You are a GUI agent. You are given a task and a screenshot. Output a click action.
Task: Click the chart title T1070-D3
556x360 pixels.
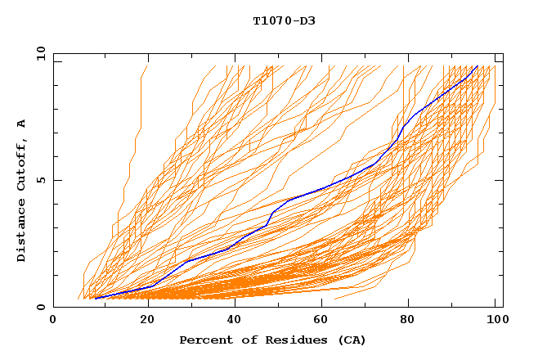click(x=284, y=21)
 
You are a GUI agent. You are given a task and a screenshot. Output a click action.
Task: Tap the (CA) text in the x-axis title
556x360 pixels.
click(x=351, y=340)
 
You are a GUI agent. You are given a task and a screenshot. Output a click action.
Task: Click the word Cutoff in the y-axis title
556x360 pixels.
click(x=21, y=164)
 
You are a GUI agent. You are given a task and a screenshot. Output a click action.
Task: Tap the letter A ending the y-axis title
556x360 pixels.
click(x=21, y=124)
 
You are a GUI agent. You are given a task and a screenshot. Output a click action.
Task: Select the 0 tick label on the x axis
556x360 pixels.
click(x=54, y=321)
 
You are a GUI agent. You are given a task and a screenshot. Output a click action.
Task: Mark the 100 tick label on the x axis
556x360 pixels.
click(x=495, y=321)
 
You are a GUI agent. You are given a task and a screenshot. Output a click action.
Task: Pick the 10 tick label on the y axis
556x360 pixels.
click(x=39, y=53)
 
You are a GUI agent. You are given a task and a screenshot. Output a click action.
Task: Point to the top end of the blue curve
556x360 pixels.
click(x=477, y=66)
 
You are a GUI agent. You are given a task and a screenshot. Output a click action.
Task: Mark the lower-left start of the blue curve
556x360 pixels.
click(x=96, y=299)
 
